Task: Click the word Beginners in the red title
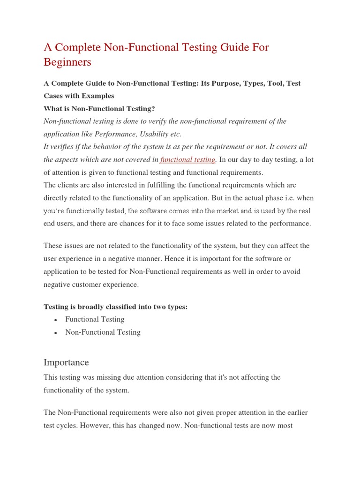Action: point(67,62)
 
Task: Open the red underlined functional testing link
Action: point(187,160)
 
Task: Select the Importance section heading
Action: point(66,362)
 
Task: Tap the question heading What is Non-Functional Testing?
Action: point(99,108)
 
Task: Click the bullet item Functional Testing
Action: point(95,319)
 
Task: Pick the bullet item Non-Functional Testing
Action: point(103,332)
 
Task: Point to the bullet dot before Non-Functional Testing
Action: point(56,333)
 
